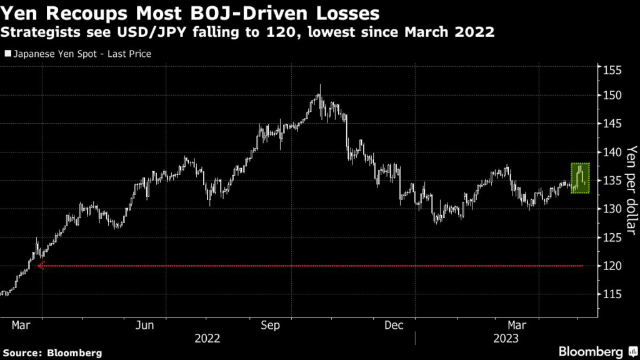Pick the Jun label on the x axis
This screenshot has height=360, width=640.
[x=145, y=326]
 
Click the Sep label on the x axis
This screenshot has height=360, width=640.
[x=270, y=326]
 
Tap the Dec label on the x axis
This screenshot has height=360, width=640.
[x=394, y=326]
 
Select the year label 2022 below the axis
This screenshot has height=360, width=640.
[x=207, y=339]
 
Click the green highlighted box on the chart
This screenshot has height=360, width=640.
[x=580, y=177]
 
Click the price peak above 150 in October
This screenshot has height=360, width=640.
[x=320, y=86]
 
